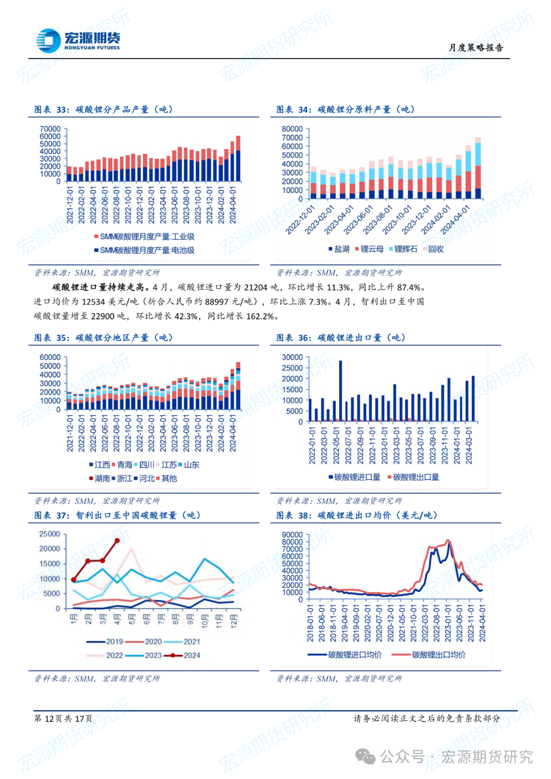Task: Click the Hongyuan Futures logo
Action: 78,41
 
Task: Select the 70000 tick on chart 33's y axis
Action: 50,129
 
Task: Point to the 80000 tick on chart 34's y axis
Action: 292,129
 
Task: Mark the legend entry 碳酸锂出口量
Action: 416,477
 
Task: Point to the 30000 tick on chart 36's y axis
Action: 292,357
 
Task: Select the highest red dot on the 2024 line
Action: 117,540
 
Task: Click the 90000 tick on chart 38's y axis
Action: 292,535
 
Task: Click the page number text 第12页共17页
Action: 63,718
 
